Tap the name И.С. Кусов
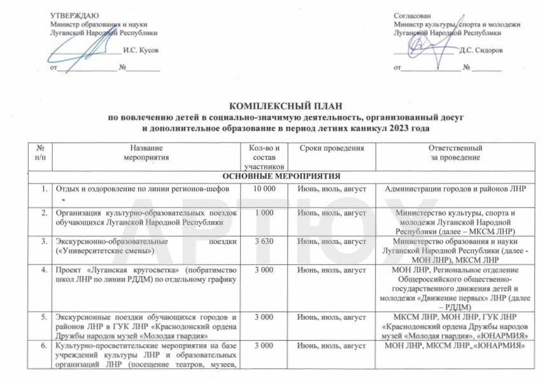[x=141, y=49]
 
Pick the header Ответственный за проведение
[x=455, y=152]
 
